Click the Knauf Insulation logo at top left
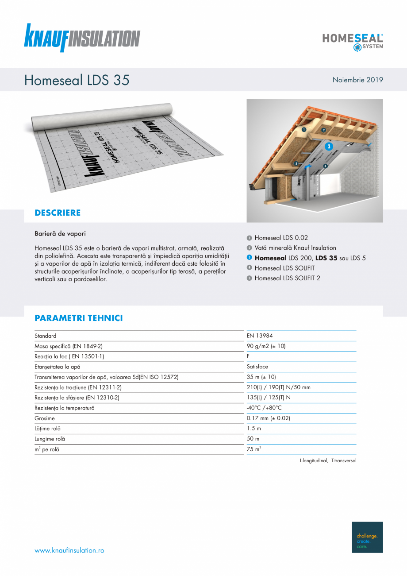point(82,38)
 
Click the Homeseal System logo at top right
point(353,42)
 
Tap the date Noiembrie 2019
point(357,80)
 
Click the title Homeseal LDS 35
point(77,80)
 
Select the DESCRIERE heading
point(58,213)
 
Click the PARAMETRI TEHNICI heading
point(78,318)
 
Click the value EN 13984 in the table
point(260,336)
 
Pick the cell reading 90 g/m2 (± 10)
point(266,346)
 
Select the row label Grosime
point(45,418)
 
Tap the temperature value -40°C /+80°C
point(264,408)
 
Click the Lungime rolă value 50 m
point(253,439)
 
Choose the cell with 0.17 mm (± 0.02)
point(268,418)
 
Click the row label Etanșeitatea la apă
point(58,367)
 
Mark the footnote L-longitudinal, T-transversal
point(328,461)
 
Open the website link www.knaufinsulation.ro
point(69,550)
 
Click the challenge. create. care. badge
point(367,537)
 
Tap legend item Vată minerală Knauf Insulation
point(295,248)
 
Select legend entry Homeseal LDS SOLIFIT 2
point(287,278)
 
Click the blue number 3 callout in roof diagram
point(329,146)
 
